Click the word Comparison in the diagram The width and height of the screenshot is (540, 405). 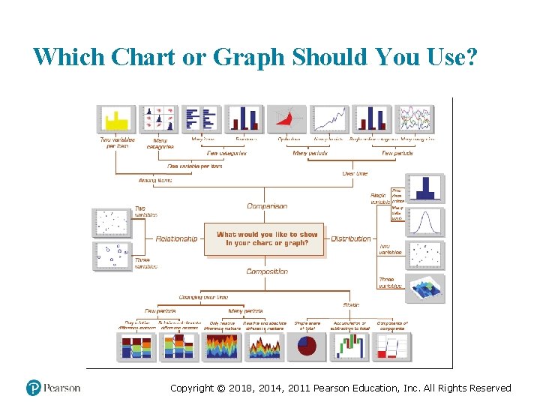(267, 206)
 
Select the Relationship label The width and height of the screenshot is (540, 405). (176, 238)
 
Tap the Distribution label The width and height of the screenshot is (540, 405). (351, 238)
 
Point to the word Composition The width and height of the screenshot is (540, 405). (267, 271)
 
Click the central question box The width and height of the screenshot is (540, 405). (267, 239)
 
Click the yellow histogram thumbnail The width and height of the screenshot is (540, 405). (116, 118)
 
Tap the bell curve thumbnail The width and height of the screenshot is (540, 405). (425, 222)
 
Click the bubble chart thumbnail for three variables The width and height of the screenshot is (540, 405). (112, 255)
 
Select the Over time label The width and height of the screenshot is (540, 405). (355, 173)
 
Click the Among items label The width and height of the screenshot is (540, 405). (155, 180)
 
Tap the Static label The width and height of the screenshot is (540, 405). (351, 305)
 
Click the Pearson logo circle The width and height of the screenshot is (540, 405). (34, 388)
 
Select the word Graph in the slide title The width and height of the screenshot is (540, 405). (247, 57)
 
